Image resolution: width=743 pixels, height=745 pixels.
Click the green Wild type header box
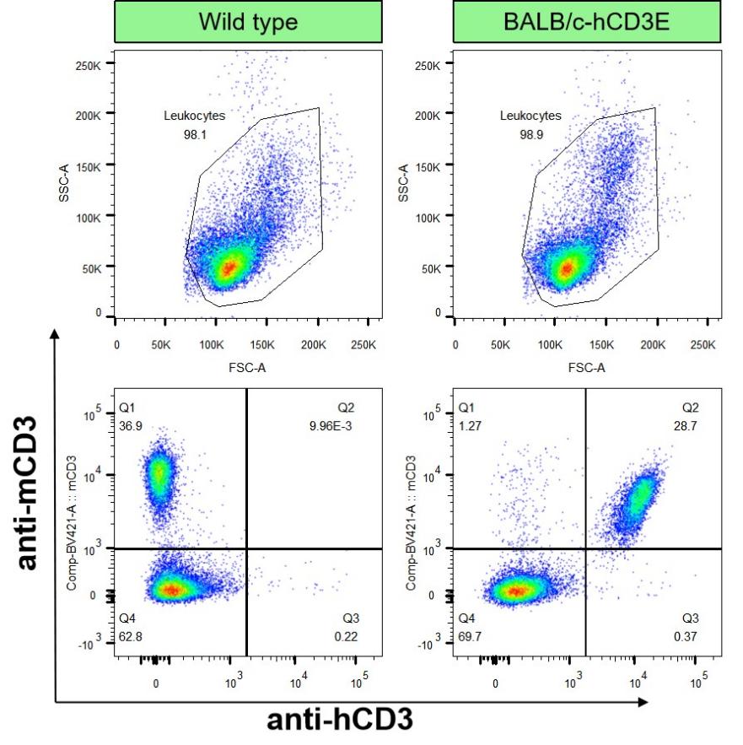[248, 22]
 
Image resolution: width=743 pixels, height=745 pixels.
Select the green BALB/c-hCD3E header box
[587, 22]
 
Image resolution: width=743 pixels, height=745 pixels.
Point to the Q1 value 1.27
[469, 424]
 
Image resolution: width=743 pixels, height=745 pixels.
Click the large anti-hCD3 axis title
[340, 721]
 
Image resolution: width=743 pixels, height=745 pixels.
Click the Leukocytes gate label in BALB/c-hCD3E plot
[530, 116]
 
